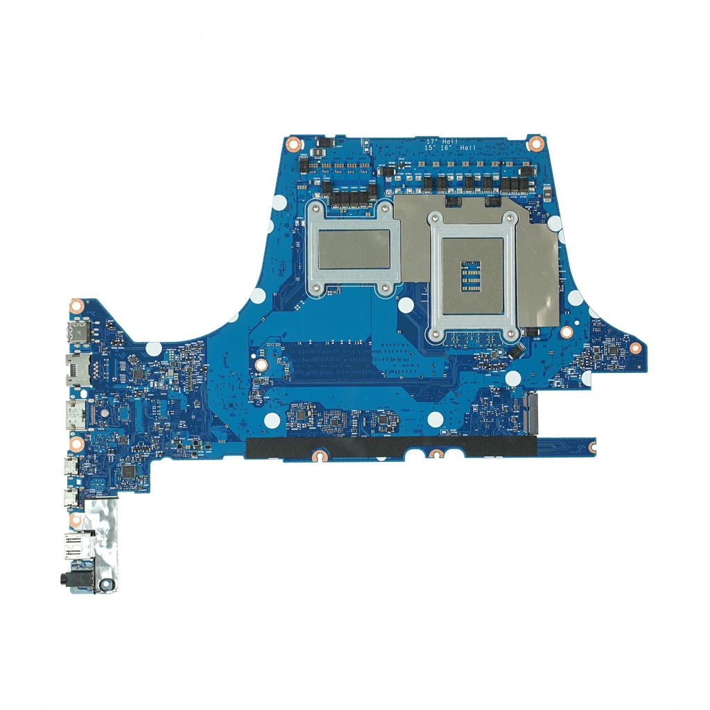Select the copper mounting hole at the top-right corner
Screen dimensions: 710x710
(x=535, y=144)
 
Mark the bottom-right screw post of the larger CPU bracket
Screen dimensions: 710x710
(x=511, y=335)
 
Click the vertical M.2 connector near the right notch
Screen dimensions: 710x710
(x=532, y=413)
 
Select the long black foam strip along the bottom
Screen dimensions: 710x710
(x=388, y=448)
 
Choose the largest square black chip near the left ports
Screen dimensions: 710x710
(x=128, y=471)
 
